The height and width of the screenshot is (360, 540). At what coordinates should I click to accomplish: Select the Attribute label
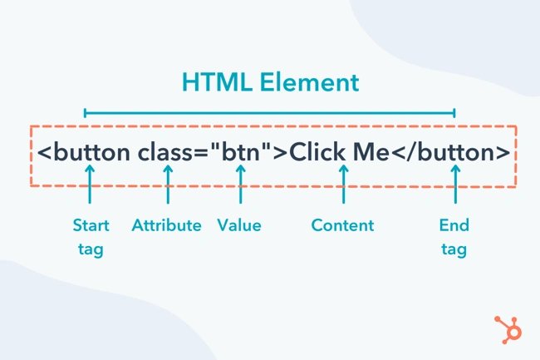pyautogui.click(x=166, y=225)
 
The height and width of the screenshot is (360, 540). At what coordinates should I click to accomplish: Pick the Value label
pyautogui.click(x=239, y=225)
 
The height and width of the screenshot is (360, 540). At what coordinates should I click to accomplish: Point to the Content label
pyautogui.click(x=342, y=225)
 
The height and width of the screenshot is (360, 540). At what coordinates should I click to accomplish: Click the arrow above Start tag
pyautogui.click(x=91, y=184)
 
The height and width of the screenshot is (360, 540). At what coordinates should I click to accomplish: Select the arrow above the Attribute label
pyautogui.click(x=168, y=184)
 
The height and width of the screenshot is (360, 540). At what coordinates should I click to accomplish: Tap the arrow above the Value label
pyautogui.click(x=241, y=184)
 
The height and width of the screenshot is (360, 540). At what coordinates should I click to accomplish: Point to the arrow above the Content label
pyautogui.click(x=343, y=184)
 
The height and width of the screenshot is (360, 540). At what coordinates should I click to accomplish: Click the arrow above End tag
pyautogui.click(x=455, y=184)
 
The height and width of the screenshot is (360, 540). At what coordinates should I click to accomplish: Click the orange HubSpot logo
pyautogui.click(x=507, y=327)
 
